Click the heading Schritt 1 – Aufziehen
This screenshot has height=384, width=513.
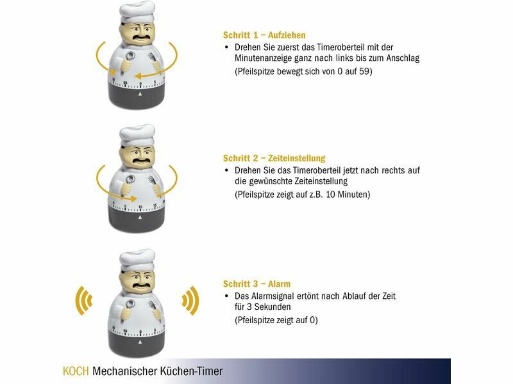264,35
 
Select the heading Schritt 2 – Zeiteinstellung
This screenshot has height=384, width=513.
274,158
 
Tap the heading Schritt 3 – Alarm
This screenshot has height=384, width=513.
257,284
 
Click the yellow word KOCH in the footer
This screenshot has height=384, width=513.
76,371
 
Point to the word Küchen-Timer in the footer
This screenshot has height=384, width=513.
191,371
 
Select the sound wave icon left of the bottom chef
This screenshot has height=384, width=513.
84,300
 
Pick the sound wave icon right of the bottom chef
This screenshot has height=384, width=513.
190,300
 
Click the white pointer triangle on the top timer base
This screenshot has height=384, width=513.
140,93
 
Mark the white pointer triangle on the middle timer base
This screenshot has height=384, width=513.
140,217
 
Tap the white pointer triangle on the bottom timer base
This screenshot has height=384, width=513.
140,342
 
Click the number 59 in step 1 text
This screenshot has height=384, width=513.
364,71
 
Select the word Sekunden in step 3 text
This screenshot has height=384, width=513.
273,307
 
